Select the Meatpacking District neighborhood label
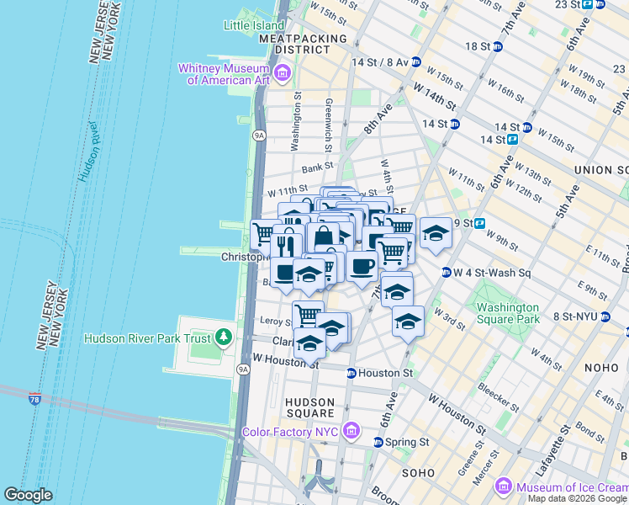[x=304, y=45]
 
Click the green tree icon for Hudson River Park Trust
[x=223, y=338]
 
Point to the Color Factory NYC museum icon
[x=353, y=432]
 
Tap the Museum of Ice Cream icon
[x=504, y=486]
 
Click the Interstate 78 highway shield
[x=35, y=397]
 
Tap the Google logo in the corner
[x=28, y=495]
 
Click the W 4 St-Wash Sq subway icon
[x=446, y=272]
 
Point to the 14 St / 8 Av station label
[x=380, y=62]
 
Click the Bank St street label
[x=319, y=167]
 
